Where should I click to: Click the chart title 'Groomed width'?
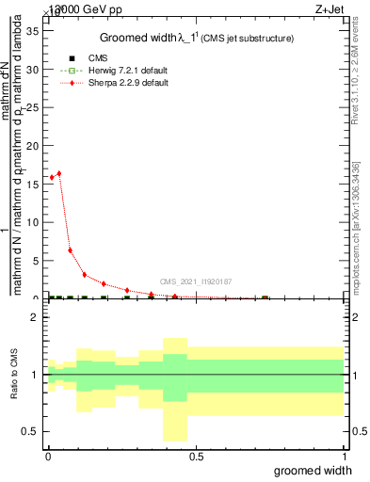141,38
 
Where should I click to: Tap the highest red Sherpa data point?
59,173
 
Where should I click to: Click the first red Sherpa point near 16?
51,177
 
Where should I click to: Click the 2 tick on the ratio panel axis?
38,317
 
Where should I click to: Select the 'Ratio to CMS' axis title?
14,375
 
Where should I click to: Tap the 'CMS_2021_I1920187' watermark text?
195,281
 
